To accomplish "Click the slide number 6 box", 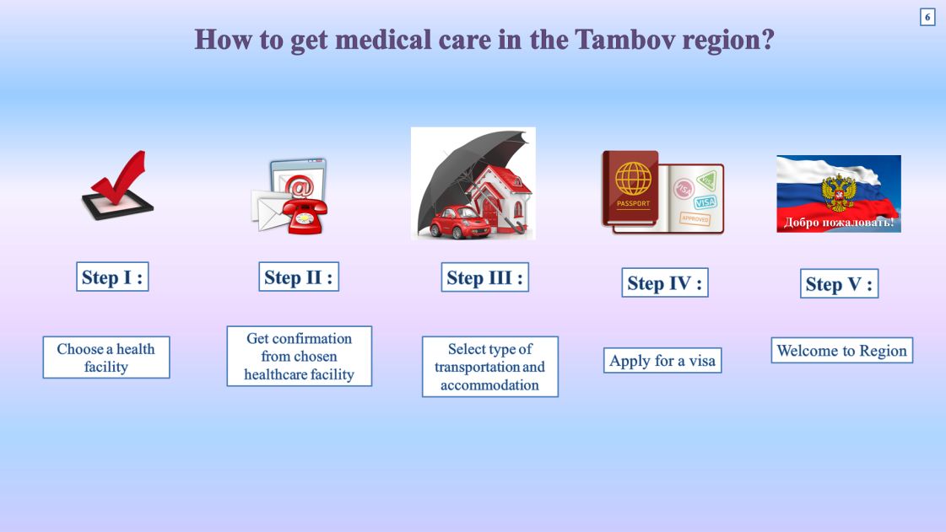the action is [x=927, y=17].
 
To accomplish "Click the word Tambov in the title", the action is [x=624, y=40].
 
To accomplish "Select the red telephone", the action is [x=305, y=214].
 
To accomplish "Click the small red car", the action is [x=460, y=223].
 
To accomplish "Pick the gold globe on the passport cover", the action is [x=633, y=179].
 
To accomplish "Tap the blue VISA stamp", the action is [x=705, y=202].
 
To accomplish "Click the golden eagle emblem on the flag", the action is [x=839, y=192].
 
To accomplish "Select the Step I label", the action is [x=112, y=277].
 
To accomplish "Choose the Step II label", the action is [x=299, y=277].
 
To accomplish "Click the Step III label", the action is [x=485, y=277].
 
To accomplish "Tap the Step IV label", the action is [x=665, y=283].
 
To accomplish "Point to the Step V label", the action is [x=839, y=284].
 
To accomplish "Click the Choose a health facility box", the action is [x=106, y=357].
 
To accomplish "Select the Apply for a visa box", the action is [x=662, y=360].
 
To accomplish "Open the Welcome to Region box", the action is [x=841, y=351].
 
